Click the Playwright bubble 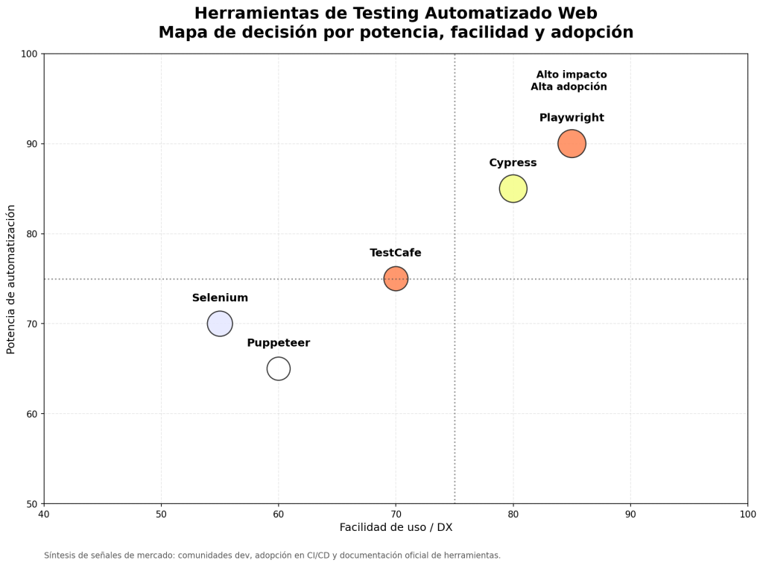(x=572, y=143)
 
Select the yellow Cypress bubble (x=513, y=189)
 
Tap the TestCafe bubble (x=396, y=278)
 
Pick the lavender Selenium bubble (x=220, y=324)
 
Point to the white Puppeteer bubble (x=278, y=368)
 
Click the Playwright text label (x=572, y=118)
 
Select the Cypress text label (x=513, y=163)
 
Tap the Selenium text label (x=220, y=298)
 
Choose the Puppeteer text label (x=278, y=343)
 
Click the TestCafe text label (x=396, y=253)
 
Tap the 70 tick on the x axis (x=396, y=514)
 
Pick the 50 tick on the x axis (x=161, y=514)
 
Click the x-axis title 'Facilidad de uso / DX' (x=396, y=527)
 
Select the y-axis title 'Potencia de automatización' (x=11, y=279)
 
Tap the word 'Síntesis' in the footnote (x=60, y=556)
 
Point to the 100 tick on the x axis (x=747, y=514)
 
